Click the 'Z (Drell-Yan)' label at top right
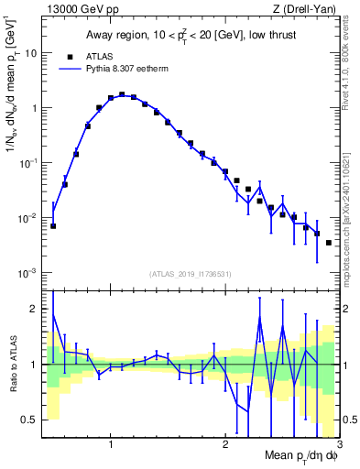coord(307,9)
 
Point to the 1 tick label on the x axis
coord(111,444)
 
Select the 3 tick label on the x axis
coord(339,444)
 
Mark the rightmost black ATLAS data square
coord(329,243)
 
